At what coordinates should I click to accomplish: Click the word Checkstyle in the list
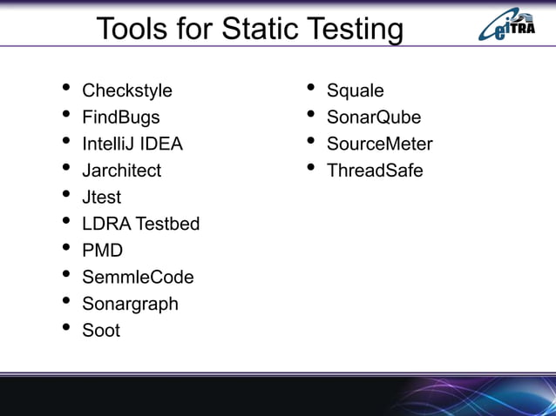(126, 91)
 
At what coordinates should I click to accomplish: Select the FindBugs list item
(120, 117)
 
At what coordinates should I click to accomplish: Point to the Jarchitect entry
(121, 171)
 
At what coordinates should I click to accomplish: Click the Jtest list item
(101, 198)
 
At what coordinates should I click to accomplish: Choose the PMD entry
(102, 251)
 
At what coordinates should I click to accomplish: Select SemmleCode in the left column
(138, 278)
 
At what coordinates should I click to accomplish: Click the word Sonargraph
(130, 304)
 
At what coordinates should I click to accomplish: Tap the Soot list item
(101, 331)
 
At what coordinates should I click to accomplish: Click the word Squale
(355, 91)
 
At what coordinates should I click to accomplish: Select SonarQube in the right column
(373, 117)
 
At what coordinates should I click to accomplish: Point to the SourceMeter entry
(379, 144)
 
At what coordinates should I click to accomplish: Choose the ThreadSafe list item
(375, 171)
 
